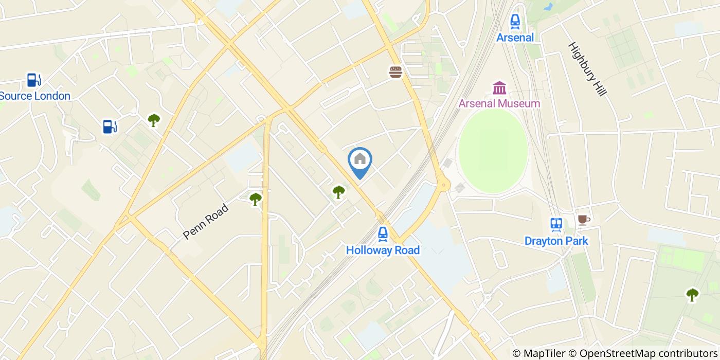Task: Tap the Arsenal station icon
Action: click(x=515, y=22)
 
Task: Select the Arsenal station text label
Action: click(x=515, y=38)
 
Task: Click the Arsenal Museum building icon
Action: click(x=499, y=88)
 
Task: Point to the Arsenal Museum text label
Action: click(x=499, y=103)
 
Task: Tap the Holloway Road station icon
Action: click(x=383, y=235)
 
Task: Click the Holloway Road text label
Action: click(x=383, y=250)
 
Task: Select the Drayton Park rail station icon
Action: click(x=556, y=225)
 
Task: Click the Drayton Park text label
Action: click(x=556, y=241)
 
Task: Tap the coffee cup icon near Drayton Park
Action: click(x=583, y=220)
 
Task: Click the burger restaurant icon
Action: click(x=395, y=72)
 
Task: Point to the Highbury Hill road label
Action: click(x=588, y=69)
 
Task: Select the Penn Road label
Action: click(x=206, y=222)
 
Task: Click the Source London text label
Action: click(x=35, y=96)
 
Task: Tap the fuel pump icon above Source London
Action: click(x=34, y=80)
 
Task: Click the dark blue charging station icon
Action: click(x=110, y=127)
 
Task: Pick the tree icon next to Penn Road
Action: click(x=255, y=199)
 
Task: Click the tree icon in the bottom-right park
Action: click(x=692, y=295)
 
